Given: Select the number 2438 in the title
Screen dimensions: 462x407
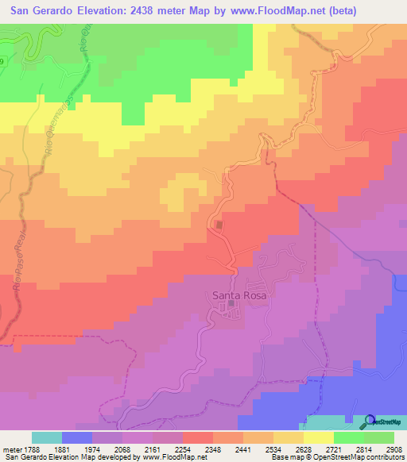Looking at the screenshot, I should [148, 11].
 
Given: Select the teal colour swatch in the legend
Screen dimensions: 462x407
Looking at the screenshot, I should [46, 437].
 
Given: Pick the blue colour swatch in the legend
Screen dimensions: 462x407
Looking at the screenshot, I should [76, 437].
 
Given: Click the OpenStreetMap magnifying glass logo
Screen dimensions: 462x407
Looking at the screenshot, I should [370, 422].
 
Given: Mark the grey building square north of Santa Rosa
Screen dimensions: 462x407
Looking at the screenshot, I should [219, 225].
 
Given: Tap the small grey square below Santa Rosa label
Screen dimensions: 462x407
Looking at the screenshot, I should [231, 303].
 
